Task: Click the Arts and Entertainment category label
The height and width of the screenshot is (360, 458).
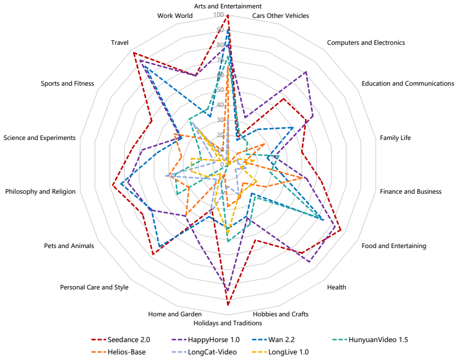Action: pos(228,6)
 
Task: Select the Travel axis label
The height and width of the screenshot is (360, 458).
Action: pos(120,43)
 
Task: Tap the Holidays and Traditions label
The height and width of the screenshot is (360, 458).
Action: pos(228,323)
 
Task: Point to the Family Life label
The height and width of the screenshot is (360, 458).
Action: pos(395,138)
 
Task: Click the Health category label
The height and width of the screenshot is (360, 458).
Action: pos(337,287)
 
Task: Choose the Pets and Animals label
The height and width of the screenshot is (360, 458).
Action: pos(69,246)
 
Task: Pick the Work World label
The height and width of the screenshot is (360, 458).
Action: pos(175,16)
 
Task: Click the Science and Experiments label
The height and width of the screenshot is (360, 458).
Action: pos(39,138)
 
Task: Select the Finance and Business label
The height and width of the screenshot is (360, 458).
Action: pos(410,191)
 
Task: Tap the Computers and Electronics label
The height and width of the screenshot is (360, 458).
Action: pos(366,43)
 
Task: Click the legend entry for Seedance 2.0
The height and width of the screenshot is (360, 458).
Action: pos(120,340)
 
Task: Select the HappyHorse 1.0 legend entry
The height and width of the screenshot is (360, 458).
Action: pos(205,340)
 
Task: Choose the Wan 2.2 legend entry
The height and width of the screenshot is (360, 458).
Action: pos(273,340)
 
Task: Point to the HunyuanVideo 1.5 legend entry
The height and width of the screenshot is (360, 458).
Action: pos(370,340)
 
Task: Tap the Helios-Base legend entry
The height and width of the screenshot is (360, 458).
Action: pos(118,352)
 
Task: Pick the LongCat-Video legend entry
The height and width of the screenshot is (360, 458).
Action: pos(204,352)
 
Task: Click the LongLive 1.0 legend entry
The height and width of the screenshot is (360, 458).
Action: pos(280,352)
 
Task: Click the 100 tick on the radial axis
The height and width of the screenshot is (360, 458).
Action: pos(218,15)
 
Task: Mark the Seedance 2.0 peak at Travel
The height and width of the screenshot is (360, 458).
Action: pos(133,53)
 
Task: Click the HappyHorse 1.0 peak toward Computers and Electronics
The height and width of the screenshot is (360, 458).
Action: pos(306,72)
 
